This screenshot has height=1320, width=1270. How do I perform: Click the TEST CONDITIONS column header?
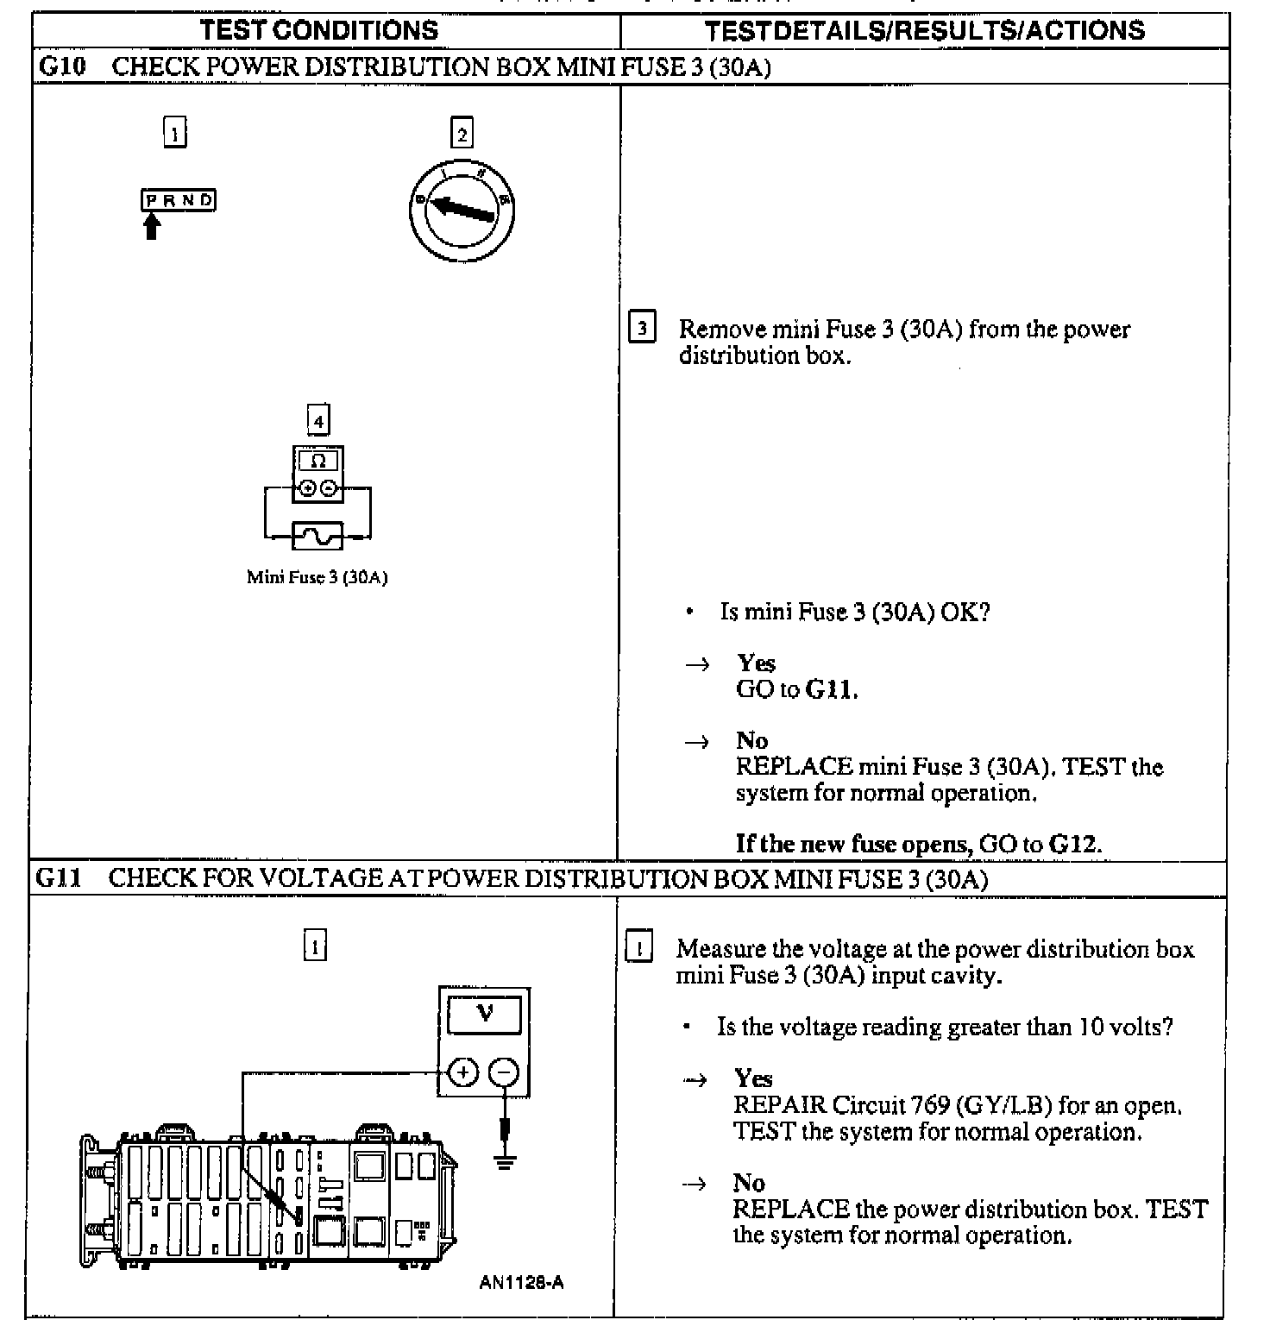[319, 30]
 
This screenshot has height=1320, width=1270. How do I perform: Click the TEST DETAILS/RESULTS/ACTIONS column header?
[924, 30]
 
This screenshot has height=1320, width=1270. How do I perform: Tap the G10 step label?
[62, 66]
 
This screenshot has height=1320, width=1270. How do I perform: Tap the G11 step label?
[59, 878]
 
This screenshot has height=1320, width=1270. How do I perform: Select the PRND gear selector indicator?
[179, 200]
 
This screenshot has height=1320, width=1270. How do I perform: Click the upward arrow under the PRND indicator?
[152, 226]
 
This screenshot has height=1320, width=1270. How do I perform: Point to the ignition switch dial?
[462, 210]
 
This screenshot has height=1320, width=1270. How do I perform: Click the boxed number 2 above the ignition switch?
[462, 134]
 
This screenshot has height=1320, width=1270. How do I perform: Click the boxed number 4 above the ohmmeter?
[318, 421]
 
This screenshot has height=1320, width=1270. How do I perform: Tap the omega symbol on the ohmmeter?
[317, 461]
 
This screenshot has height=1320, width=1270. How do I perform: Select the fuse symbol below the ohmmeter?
[317, 536]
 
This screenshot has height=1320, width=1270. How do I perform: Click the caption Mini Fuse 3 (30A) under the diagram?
[317, 577]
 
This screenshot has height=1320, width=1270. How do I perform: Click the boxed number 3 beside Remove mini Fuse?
[641, 329]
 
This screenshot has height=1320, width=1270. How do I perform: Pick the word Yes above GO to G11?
[756, 663]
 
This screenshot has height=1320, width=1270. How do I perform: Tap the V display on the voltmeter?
[484, 1015]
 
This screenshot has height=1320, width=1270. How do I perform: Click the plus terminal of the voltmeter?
[463, 1072]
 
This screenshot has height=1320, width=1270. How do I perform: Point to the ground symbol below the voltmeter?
[505, 1160]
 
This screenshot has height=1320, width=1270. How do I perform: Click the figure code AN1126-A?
[521, 1282]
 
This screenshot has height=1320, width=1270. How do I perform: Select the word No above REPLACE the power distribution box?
[748, 1182]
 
